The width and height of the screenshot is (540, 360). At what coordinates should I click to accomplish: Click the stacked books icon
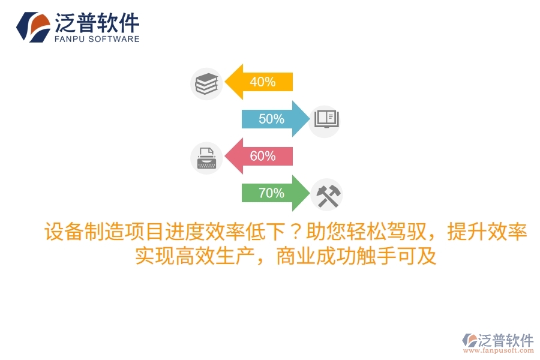(206, 83)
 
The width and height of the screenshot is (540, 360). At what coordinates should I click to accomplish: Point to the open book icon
(325, 118)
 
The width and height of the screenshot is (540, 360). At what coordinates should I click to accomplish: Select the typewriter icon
(206, 157)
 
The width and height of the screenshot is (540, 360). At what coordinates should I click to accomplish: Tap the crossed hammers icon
(328, 195)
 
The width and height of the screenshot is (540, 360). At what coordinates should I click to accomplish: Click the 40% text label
(262, 82)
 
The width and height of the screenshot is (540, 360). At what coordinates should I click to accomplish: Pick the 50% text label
(271, 119)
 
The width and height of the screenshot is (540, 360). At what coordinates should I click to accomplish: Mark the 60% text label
(262, 157)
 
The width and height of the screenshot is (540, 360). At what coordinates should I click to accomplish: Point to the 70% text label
(271, 193)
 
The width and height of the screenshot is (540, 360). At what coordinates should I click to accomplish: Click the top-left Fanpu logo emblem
(33, 26)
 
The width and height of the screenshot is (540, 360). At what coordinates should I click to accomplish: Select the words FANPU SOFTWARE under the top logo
(97, 40)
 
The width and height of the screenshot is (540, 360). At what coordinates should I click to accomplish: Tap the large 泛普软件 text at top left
(97, 23)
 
